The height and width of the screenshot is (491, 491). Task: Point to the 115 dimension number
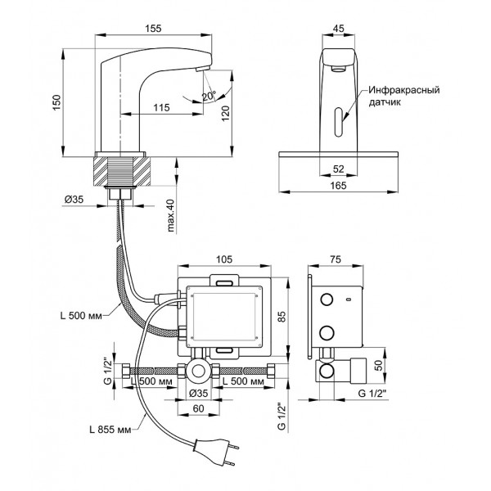[x=161, y=107]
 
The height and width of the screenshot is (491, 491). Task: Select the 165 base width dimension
[x=339, y=186]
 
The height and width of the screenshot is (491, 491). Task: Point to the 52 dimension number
[x=339, y=169]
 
